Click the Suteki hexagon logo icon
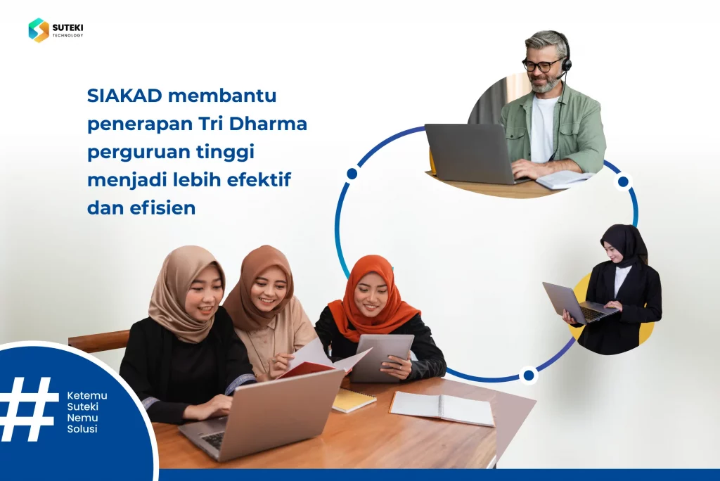coord(39,30)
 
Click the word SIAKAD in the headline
coord(124,96)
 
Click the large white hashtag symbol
coord(28,409)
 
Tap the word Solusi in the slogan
coord(82,429)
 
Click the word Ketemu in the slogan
coord(87,395)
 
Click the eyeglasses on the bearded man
coord(542,65)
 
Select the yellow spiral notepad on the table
coord(354,400)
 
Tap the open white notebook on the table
coord(442,409)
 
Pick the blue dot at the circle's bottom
coord(529,376)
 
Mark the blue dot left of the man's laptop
coord(352,174)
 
